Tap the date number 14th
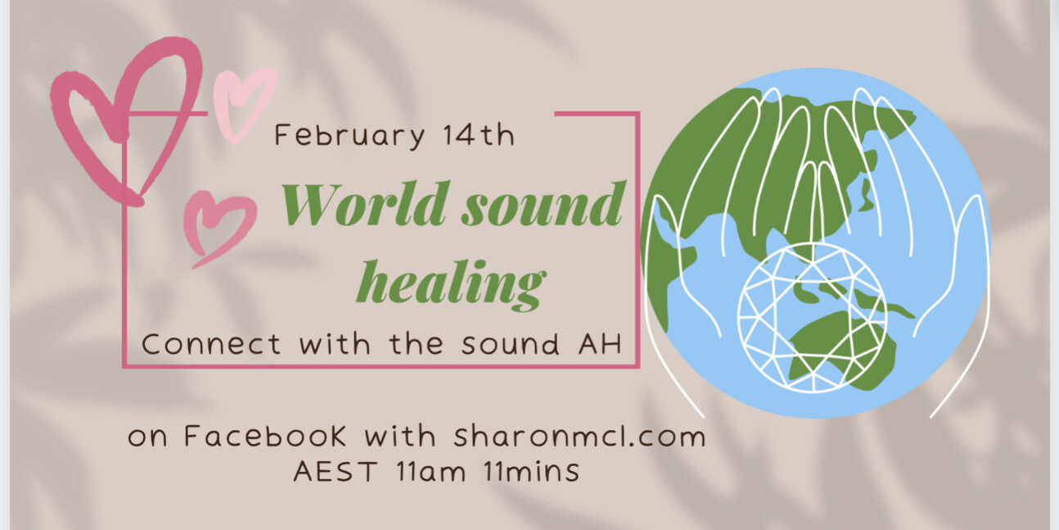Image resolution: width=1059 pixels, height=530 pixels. coord(479,135)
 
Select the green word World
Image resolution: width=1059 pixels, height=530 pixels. coord(364,205)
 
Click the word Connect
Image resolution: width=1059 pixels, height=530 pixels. coord(211,344)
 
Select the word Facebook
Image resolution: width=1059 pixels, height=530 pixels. coord(265,436)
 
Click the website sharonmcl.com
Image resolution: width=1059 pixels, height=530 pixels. coord(580,436)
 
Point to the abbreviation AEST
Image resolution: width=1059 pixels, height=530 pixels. coord(336,471)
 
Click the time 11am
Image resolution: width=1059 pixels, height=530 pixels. coord(431,471)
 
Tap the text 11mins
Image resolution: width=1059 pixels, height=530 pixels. coord(532,471)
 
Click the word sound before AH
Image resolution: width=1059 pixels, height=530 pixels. coord(511,344)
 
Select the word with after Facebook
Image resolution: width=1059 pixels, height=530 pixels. coord(400,436)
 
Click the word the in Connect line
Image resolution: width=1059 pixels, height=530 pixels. coord(417,343)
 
